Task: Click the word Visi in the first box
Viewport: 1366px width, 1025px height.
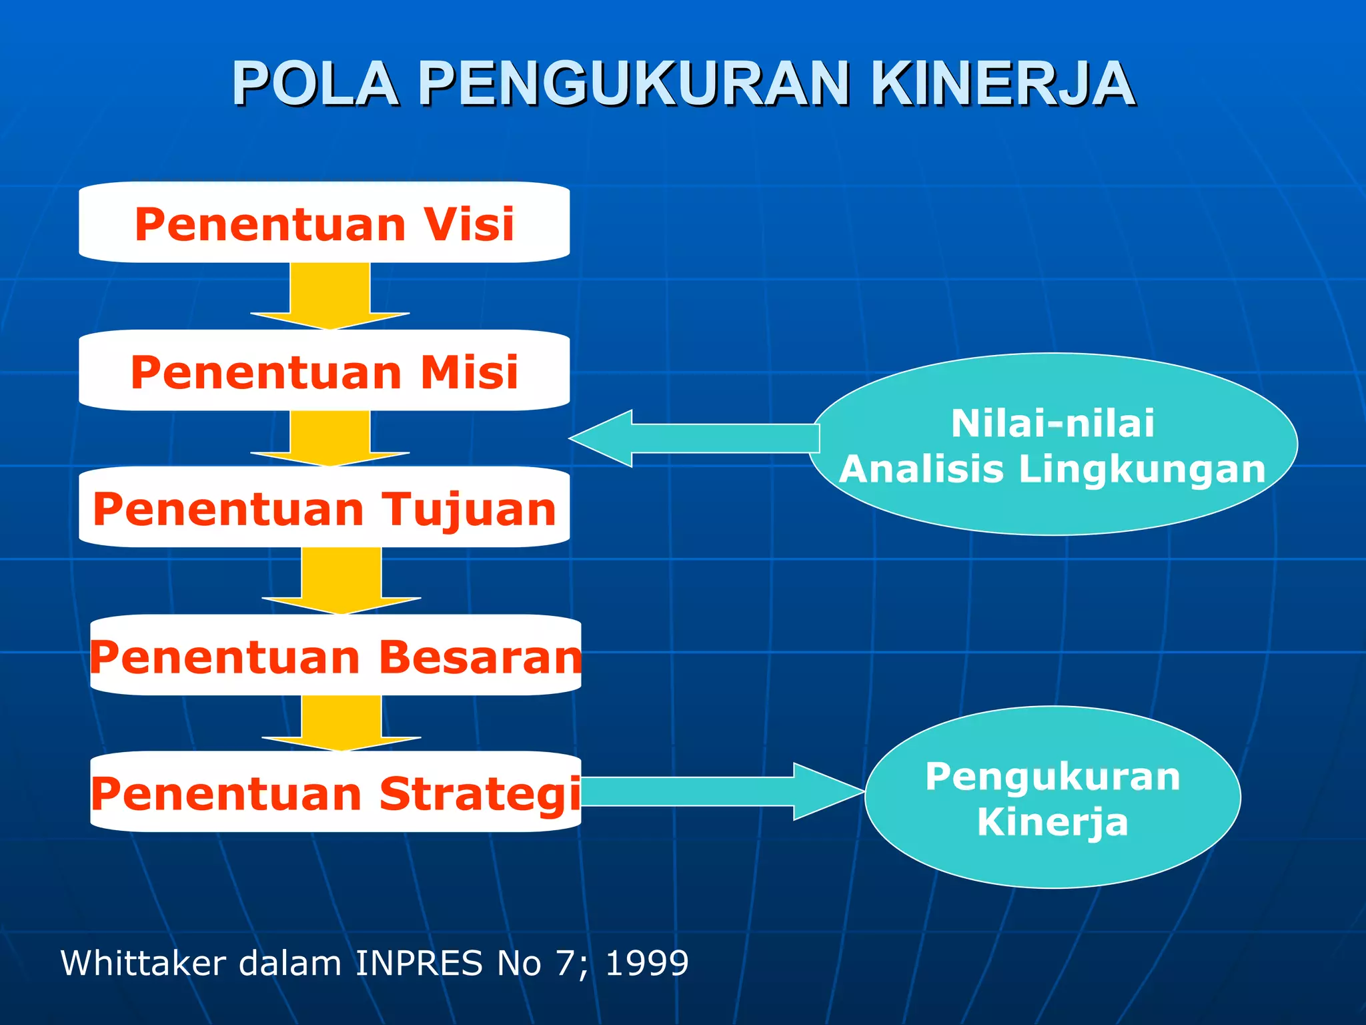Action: [x=470, y=224]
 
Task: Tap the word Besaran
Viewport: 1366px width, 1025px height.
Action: [x=480, y=657]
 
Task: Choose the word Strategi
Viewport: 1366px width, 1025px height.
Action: [x=480, y=794]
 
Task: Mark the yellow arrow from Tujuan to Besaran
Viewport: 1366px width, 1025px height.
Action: [x=341, y=580]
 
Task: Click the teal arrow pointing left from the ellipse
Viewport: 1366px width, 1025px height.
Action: [x=694, y=438]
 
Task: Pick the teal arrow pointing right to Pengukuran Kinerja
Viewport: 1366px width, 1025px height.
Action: [x=720, y=791]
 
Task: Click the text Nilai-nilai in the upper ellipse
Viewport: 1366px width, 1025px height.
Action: [x=1053, y=423]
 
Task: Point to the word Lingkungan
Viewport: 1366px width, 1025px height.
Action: [x=1142, y=468]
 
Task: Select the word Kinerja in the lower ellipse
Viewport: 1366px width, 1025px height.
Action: [x=1053, y=821]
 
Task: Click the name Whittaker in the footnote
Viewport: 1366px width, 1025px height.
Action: [x=143, y=963]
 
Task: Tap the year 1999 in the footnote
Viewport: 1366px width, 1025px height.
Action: [x=646, y=963]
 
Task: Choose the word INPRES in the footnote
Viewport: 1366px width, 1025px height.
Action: [x=418, y=963]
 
